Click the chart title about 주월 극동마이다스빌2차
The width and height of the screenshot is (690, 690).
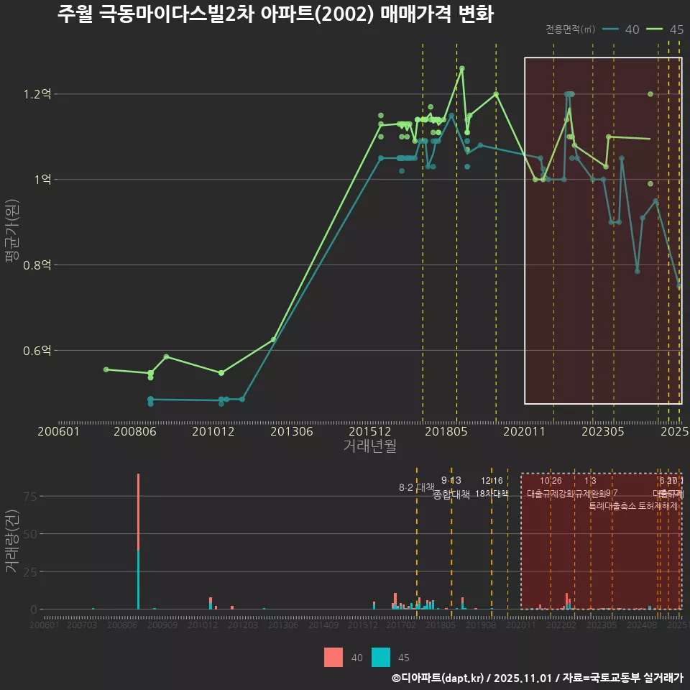pos(275,14)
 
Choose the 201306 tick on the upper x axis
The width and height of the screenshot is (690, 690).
pos(290,432)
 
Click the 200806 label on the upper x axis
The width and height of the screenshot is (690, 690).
pos(136,432)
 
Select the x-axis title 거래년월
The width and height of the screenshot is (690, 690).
pos(369,446)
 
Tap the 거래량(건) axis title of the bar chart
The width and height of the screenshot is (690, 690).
pos(12,542)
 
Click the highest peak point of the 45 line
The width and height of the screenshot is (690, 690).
pos(461,68)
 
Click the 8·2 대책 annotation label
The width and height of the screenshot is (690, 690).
pos(417,487)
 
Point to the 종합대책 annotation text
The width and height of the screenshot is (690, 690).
pos(451,494)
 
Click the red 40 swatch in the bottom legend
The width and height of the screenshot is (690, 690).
pos(333,657)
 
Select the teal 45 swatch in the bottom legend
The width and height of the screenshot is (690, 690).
pos(381,657)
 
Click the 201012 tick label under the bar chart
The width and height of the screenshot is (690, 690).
pos(203,626)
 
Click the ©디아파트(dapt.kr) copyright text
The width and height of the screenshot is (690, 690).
pos(438,678)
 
